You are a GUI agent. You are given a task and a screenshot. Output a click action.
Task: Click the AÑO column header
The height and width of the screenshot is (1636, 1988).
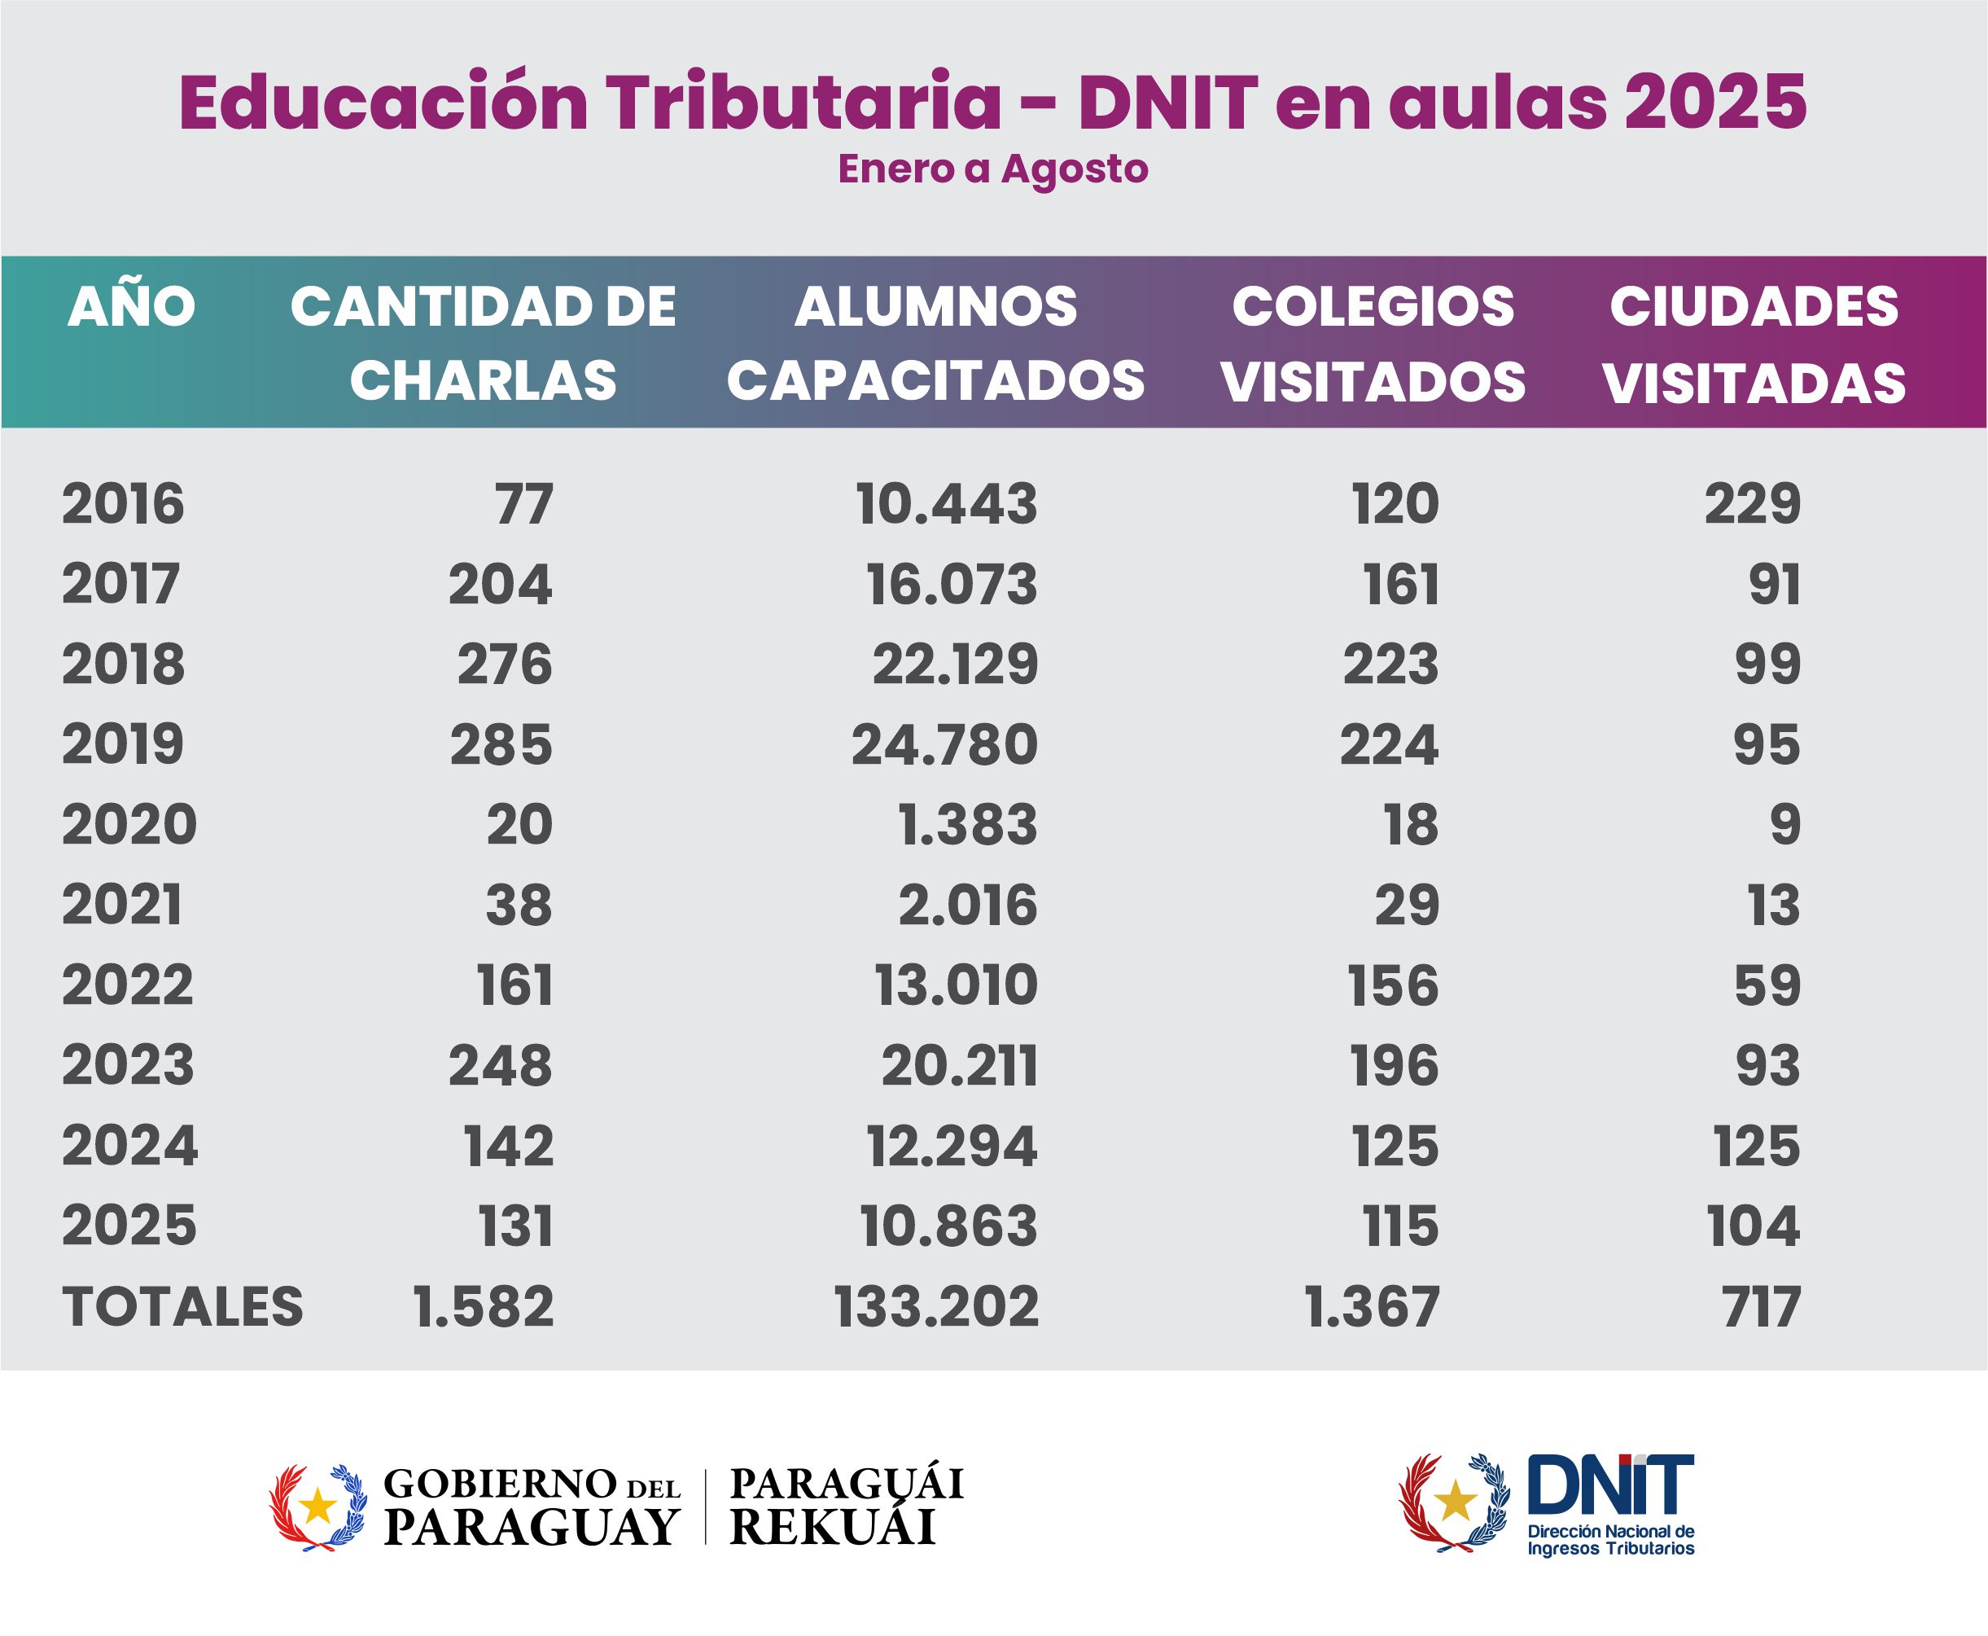[131, 306]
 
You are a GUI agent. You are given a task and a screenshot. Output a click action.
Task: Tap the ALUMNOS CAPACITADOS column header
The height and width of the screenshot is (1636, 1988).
[935, 343]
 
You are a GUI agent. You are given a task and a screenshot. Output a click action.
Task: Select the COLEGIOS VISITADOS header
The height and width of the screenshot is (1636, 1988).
[1373, 343]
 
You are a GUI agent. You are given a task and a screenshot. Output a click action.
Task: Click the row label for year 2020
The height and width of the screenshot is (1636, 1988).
[129, 825]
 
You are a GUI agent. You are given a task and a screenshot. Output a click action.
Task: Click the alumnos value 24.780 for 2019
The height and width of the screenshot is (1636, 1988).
[944, 744]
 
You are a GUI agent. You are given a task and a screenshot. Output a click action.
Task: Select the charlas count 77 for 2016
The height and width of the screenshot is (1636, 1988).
[523, 503]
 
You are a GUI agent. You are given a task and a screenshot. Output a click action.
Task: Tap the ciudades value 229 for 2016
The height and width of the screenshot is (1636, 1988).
[1753, 503]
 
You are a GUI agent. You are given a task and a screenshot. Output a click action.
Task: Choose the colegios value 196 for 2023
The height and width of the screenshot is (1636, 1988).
[1395, 1066]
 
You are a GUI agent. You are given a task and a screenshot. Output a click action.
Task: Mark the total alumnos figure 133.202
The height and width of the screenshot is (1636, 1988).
[936, 1306]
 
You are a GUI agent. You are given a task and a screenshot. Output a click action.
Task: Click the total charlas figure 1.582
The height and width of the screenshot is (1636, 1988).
[484, 1306]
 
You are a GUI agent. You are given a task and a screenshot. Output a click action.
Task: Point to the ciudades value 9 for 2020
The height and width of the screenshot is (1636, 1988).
[1784, 825]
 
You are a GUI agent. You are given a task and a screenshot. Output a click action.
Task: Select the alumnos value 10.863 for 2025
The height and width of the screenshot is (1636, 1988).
[948, 1226]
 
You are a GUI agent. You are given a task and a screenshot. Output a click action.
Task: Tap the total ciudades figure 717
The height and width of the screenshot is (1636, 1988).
[1761, 1306]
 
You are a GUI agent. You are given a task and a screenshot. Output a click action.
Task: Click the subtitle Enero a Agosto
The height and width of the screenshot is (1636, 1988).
[993, 169]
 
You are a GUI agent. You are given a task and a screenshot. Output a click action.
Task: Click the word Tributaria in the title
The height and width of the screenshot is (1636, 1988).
[803, 101]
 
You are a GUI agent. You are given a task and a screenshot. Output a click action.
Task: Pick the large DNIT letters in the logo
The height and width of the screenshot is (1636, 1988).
[1609, 1485]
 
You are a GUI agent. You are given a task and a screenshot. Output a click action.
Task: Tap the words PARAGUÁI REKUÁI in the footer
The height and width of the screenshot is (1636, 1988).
[846, 1505]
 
